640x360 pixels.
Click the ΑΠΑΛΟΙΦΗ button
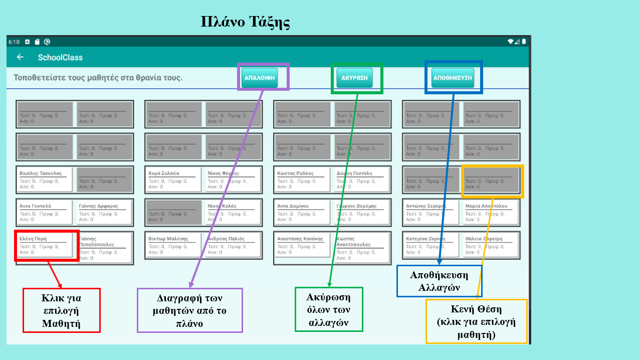[x=260, y=78]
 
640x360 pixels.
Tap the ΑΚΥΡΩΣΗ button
[x=354, y=78]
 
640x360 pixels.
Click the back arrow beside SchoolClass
[x=20, y=57]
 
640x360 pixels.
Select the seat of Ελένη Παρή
[x=44, y=245]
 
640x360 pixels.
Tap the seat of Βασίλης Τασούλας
[x=44, y=179]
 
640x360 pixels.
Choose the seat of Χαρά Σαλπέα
[x=173, y=179]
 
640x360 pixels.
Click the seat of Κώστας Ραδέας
[x=302, y=179]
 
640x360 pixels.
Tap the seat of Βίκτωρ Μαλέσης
[x=173, y=245]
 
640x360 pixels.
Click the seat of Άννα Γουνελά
[x=44, y=212]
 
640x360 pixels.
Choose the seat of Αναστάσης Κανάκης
[x=302, y=245]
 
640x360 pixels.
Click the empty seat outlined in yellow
[x=492, y=181]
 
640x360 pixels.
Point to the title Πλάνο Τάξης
[x=246, y=22]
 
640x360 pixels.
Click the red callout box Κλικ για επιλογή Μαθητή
[x=62, y=310]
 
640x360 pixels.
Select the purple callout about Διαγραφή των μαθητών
[x=189, y=310]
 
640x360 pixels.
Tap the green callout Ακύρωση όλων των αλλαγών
[x=328, y=309]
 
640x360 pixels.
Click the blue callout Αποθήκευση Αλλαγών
[x=439, y=281]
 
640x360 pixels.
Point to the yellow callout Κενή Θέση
[x=476, y=321]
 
